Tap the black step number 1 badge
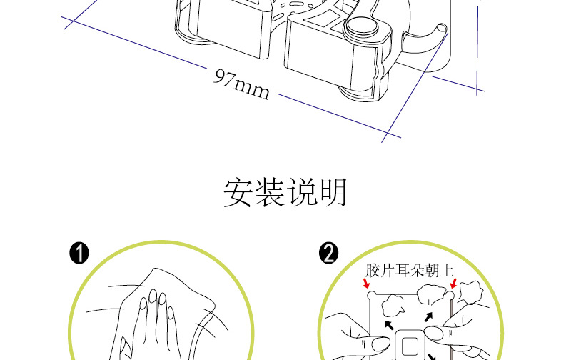point(79,253)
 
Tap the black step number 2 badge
point(329,253)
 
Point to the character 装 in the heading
point(271,193)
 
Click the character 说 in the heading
point(302,193)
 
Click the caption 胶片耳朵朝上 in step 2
point(409,271)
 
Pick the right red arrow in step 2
point(453,284)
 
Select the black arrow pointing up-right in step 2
point(428,316)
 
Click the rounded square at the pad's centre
point(409,345)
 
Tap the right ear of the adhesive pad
point(450,293)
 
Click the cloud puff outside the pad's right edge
point(471,291)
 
